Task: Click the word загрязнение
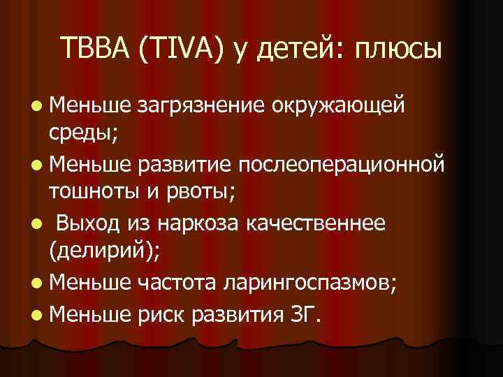[201, 107]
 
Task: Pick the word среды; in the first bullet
[83, 134]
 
